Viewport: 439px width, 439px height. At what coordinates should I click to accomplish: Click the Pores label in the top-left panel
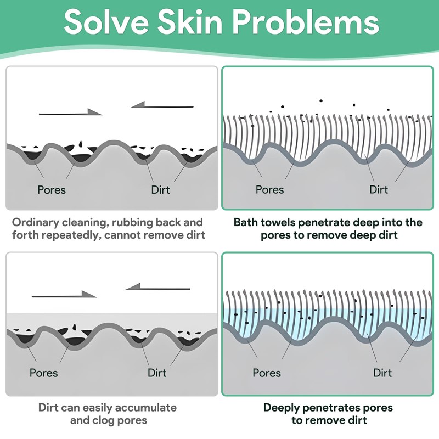pyautogui.click(x=52, y=190)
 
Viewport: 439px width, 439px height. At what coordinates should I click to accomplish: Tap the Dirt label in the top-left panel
pyautogui.click(x=160, y=190)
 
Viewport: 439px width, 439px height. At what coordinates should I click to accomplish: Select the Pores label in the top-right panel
pyautogui.click(x=270, y=190)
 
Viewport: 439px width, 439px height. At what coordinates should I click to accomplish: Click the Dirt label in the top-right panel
pyautogui.click(x=379, y=190)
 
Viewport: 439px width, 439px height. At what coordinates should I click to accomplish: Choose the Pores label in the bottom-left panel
pyautogui.click(x=43, y=373)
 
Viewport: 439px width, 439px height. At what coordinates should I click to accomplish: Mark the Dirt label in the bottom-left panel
pyautogui.click(x=157, y=373)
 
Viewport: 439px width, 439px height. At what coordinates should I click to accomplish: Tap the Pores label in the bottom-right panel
pyautogui.click(x=267, y=373)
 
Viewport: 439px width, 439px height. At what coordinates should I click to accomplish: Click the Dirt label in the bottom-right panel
pyautogui.click(x=382, y=373)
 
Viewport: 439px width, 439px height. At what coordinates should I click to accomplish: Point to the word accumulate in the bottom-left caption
pyautogui.click(x=144, y=408)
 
